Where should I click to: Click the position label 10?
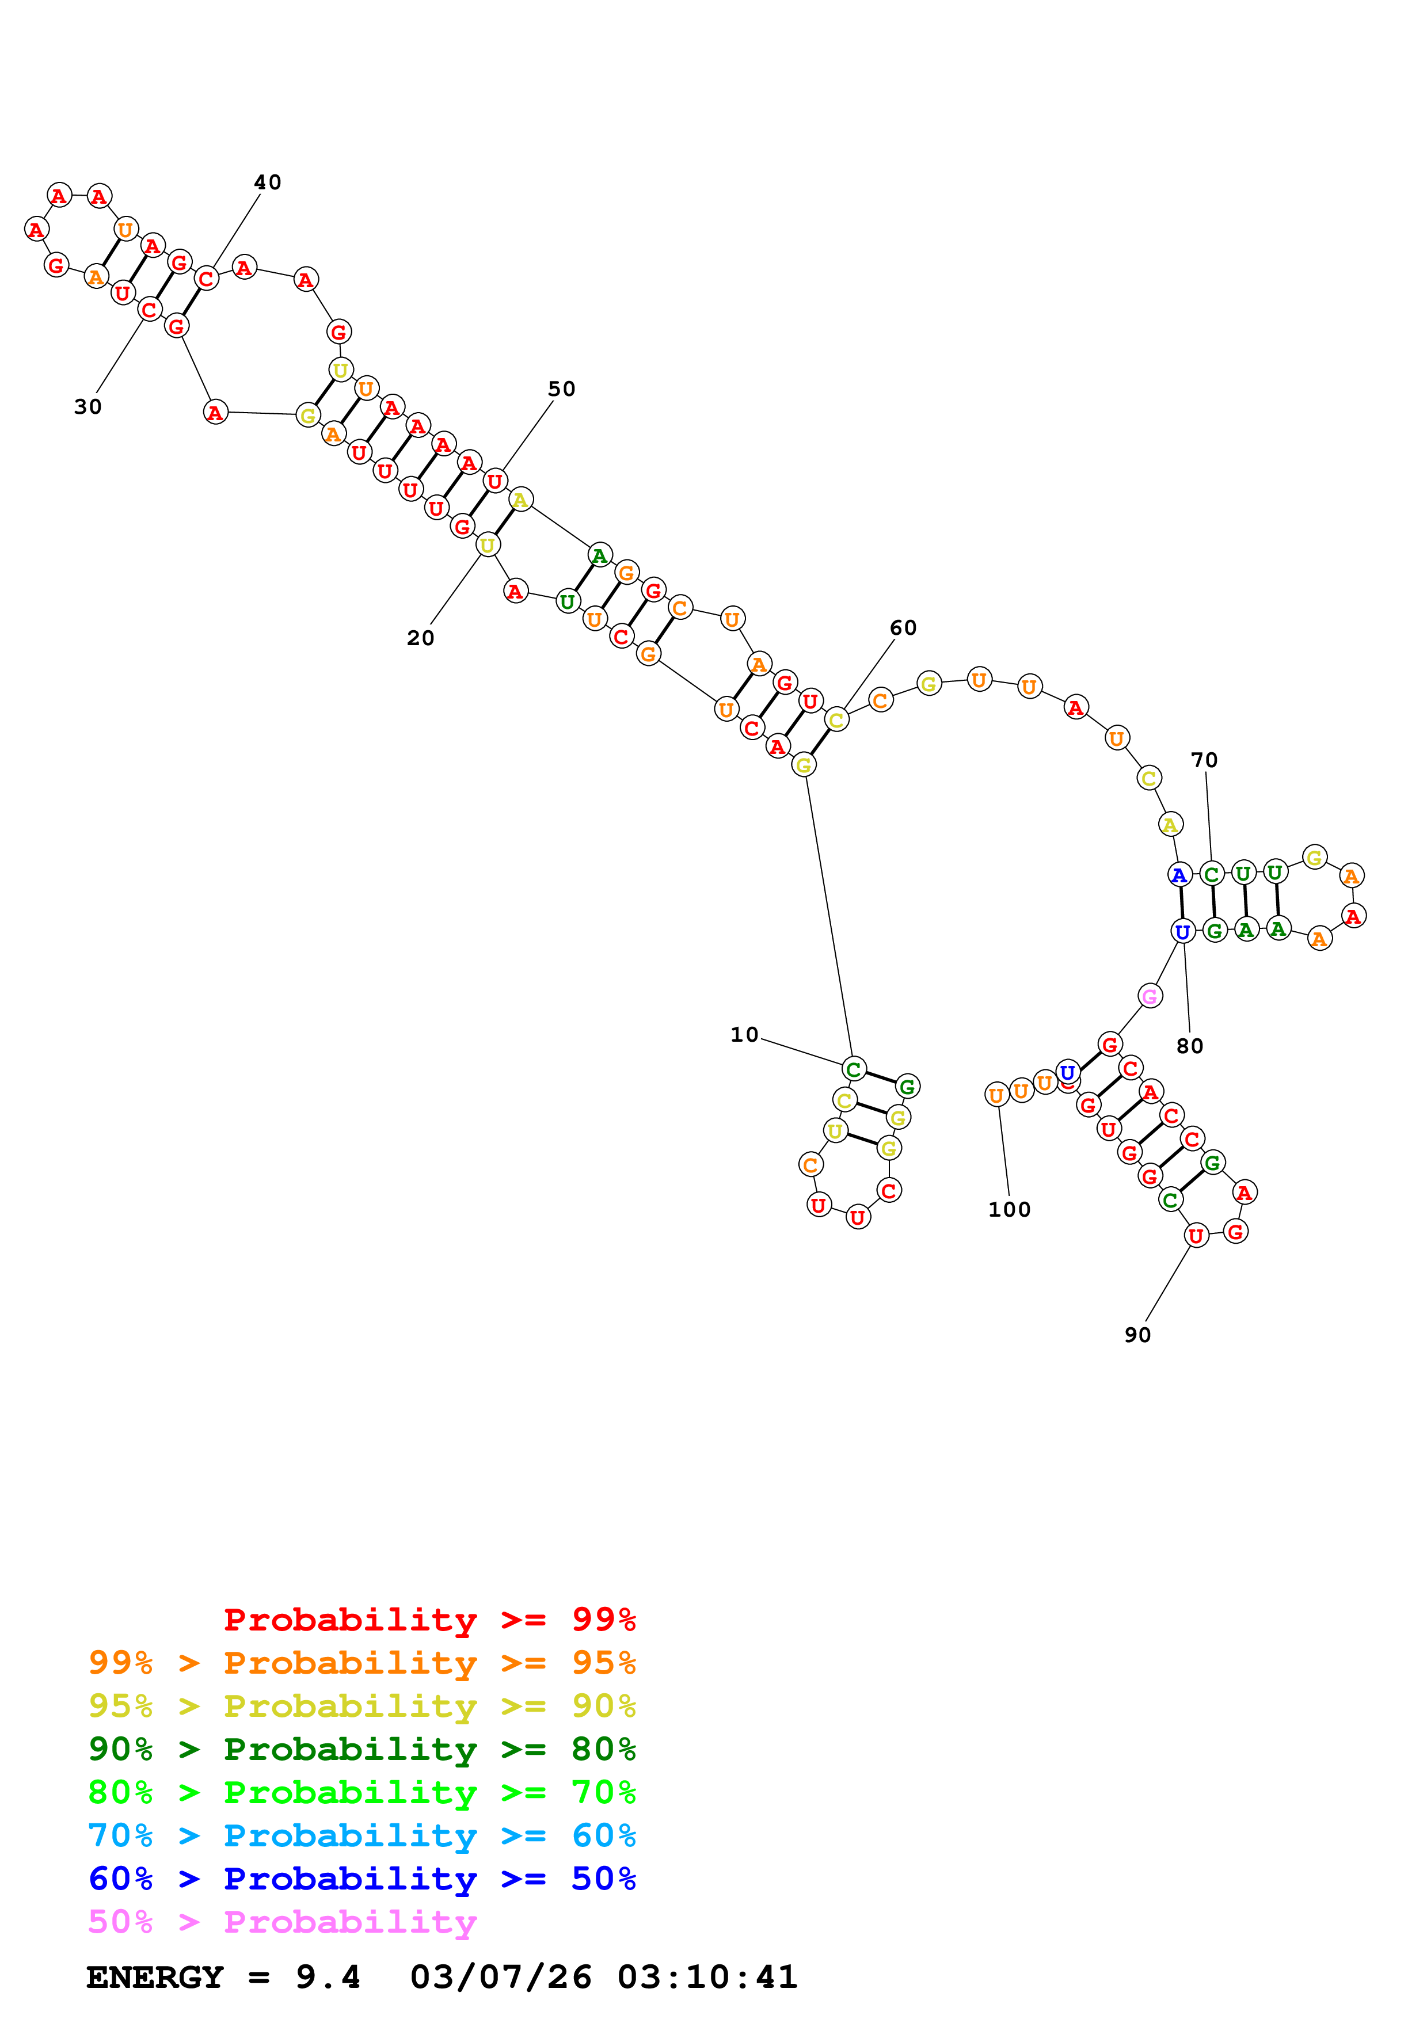(x=744, y=1035)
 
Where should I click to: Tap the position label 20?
(x=420, y=638)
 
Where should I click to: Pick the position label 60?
(x=903, y=628)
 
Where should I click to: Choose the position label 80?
(x=1190, y=1046)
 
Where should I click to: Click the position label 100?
(x=1009, y=1210)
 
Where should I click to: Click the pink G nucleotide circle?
(x=1149, y=996)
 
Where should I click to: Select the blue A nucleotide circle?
(x=1179, y=875)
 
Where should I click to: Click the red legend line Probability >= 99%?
(x=429, y=1620)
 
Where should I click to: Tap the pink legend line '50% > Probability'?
(x=282, y=1922)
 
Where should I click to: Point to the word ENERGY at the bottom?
(x=155, y=1978)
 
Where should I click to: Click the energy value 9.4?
(x=328, y=1978)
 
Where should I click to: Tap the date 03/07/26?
(x=501, y=1978)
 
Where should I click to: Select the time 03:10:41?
(x=708, y=1978)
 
